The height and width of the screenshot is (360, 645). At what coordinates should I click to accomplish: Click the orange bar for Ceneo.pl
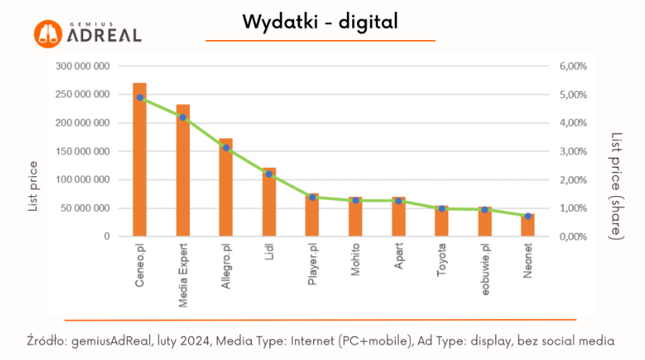(x=140, y=165)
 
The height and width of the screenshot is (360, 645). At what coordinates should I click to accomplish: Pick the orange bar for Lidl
(x=269, y=205)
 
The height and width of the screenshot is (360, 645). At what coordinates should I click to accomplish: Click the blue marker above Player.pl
(x=312, y=197)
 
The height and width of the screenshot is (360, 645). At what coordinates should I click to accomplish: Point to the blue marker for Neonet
(x=528, y=216)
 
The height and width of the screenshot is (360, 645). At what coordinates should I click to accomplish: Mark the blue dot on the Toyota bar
(x=442, y=209)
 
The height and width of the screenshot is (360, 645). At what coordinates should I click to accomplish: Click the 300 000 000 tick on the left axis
(x=82, y=67)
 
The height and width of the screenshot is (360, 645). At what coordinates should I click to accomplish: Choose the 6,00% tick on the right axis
(x=573, y=67)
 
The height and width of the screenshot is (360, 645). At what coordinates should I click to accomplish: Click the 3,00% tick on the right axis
(x=573, y=151)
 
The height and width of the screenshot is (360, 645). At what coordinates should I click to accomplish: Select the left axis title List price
(x=33, y=187)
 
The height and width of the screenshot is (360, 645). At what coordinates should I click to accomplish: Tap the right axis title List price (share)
(x=617, y=186)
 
